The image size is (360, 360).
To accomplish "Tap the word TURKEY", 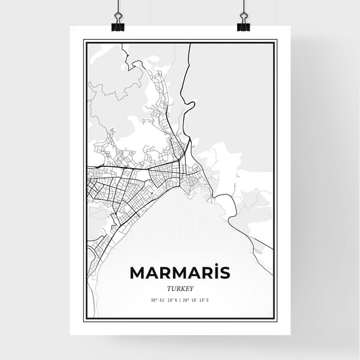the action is [x=180, y=286].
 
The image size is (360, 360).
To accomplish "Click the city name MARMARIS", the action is [x=180, y=272].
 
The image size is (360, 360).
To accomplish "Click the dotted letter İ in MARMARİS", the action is [x=213, y=272].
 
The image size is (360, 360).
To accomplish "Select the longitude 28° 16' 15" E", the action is [x=199, y=299].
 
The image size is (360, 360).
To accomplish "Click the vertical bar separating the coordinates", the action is [x=180, y=299].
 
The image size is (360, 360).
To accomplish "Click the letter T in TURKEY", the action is [x=168, y=286].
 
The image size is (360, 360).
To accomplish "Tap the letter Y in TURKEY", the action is [x=192, y=286].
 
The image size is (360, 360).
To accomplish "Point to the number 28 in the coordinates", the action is [x=187, y=299].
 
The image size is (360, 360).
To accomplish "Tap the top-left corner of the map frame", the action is [x=84, y=41].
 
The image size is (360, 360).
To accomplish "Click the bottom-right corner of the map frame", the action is [x=276, y=320].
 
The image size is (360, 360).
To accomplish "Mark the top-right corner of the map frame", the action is [x=276, y=41].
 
